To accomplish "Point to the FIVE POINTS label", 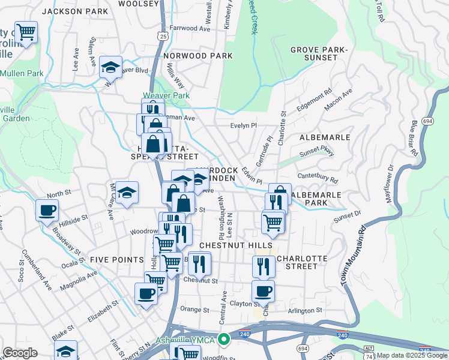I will pos(116,260).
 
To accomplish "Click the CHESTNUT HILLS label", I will pos(236,245).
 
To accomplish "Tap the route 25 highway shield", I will pos(163,37).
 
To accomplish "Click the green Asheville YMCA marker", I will pos(224,340).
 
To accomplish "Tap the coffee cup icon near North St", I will pos(47,210).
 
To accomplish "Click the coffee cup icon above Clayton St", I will pos(262,292).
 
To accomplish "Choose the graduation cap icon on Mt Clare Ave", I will pos(127,192).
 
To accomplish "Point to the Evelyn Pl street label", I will pos(244,125).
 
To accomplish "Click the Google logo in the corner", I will pos(19,353).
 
